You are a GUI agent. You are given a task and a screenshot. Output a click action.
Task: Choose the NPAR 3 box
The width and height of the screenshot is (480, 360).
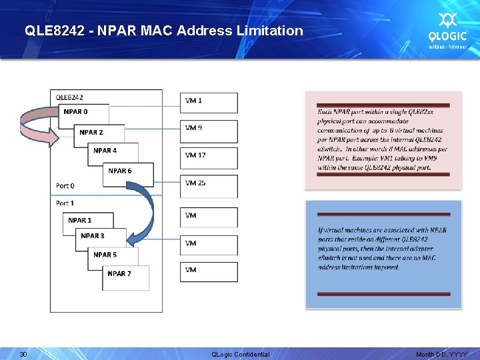[x=97, y=236]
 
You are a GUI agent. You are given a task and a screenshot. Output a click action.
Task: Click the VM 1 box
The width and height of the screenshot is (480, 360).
[x=208, y=102]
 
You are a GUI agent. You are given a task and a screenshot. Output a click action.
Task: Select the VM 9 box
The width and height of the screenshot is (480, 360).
[x=208, y=129]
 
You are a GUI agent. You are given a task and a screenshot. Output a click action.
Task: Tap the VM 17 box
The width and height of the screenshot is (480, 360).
[x=208, y=157]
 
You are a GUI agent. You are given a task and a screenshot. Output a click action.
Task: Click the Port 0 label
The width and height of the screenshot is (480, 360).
[x=65, y=185]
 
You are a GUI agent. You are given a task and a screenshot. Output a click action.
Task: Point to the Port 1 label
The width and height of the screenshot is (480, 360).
[x=65, y=203]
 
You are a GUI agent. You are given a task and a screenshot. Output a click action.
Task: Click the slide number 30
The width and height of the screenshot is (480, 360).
[x=23, y=354]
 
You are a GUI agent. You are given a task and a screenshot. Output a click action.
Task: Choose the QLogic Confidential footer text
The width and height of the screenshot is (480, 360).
[x=240, y=354]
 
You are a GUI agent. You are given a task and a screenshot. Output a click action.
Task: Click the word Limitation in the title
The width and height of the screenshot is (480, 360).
[x=272, y=31]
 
